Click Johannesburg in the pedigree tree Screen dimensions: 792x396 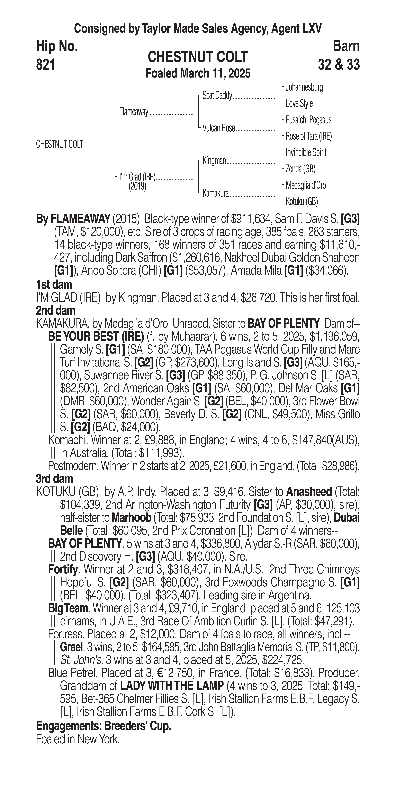click(x=304, y=87)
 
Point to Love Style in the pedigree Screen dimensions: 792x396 click(x=299, y=104)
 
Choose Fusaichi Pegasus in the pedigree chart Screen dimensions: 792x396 click(x=308, y=120)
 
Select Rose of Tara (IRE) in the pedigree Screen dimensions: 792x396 click(x=308, y=136)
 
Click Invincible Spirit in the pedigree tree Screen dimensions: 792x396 click(x=306, y=153)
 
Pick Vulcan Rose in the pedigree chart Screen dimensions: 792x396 click(x=219, y=128)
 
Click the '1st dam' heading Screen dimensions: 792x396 click(x=54, y=284)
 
